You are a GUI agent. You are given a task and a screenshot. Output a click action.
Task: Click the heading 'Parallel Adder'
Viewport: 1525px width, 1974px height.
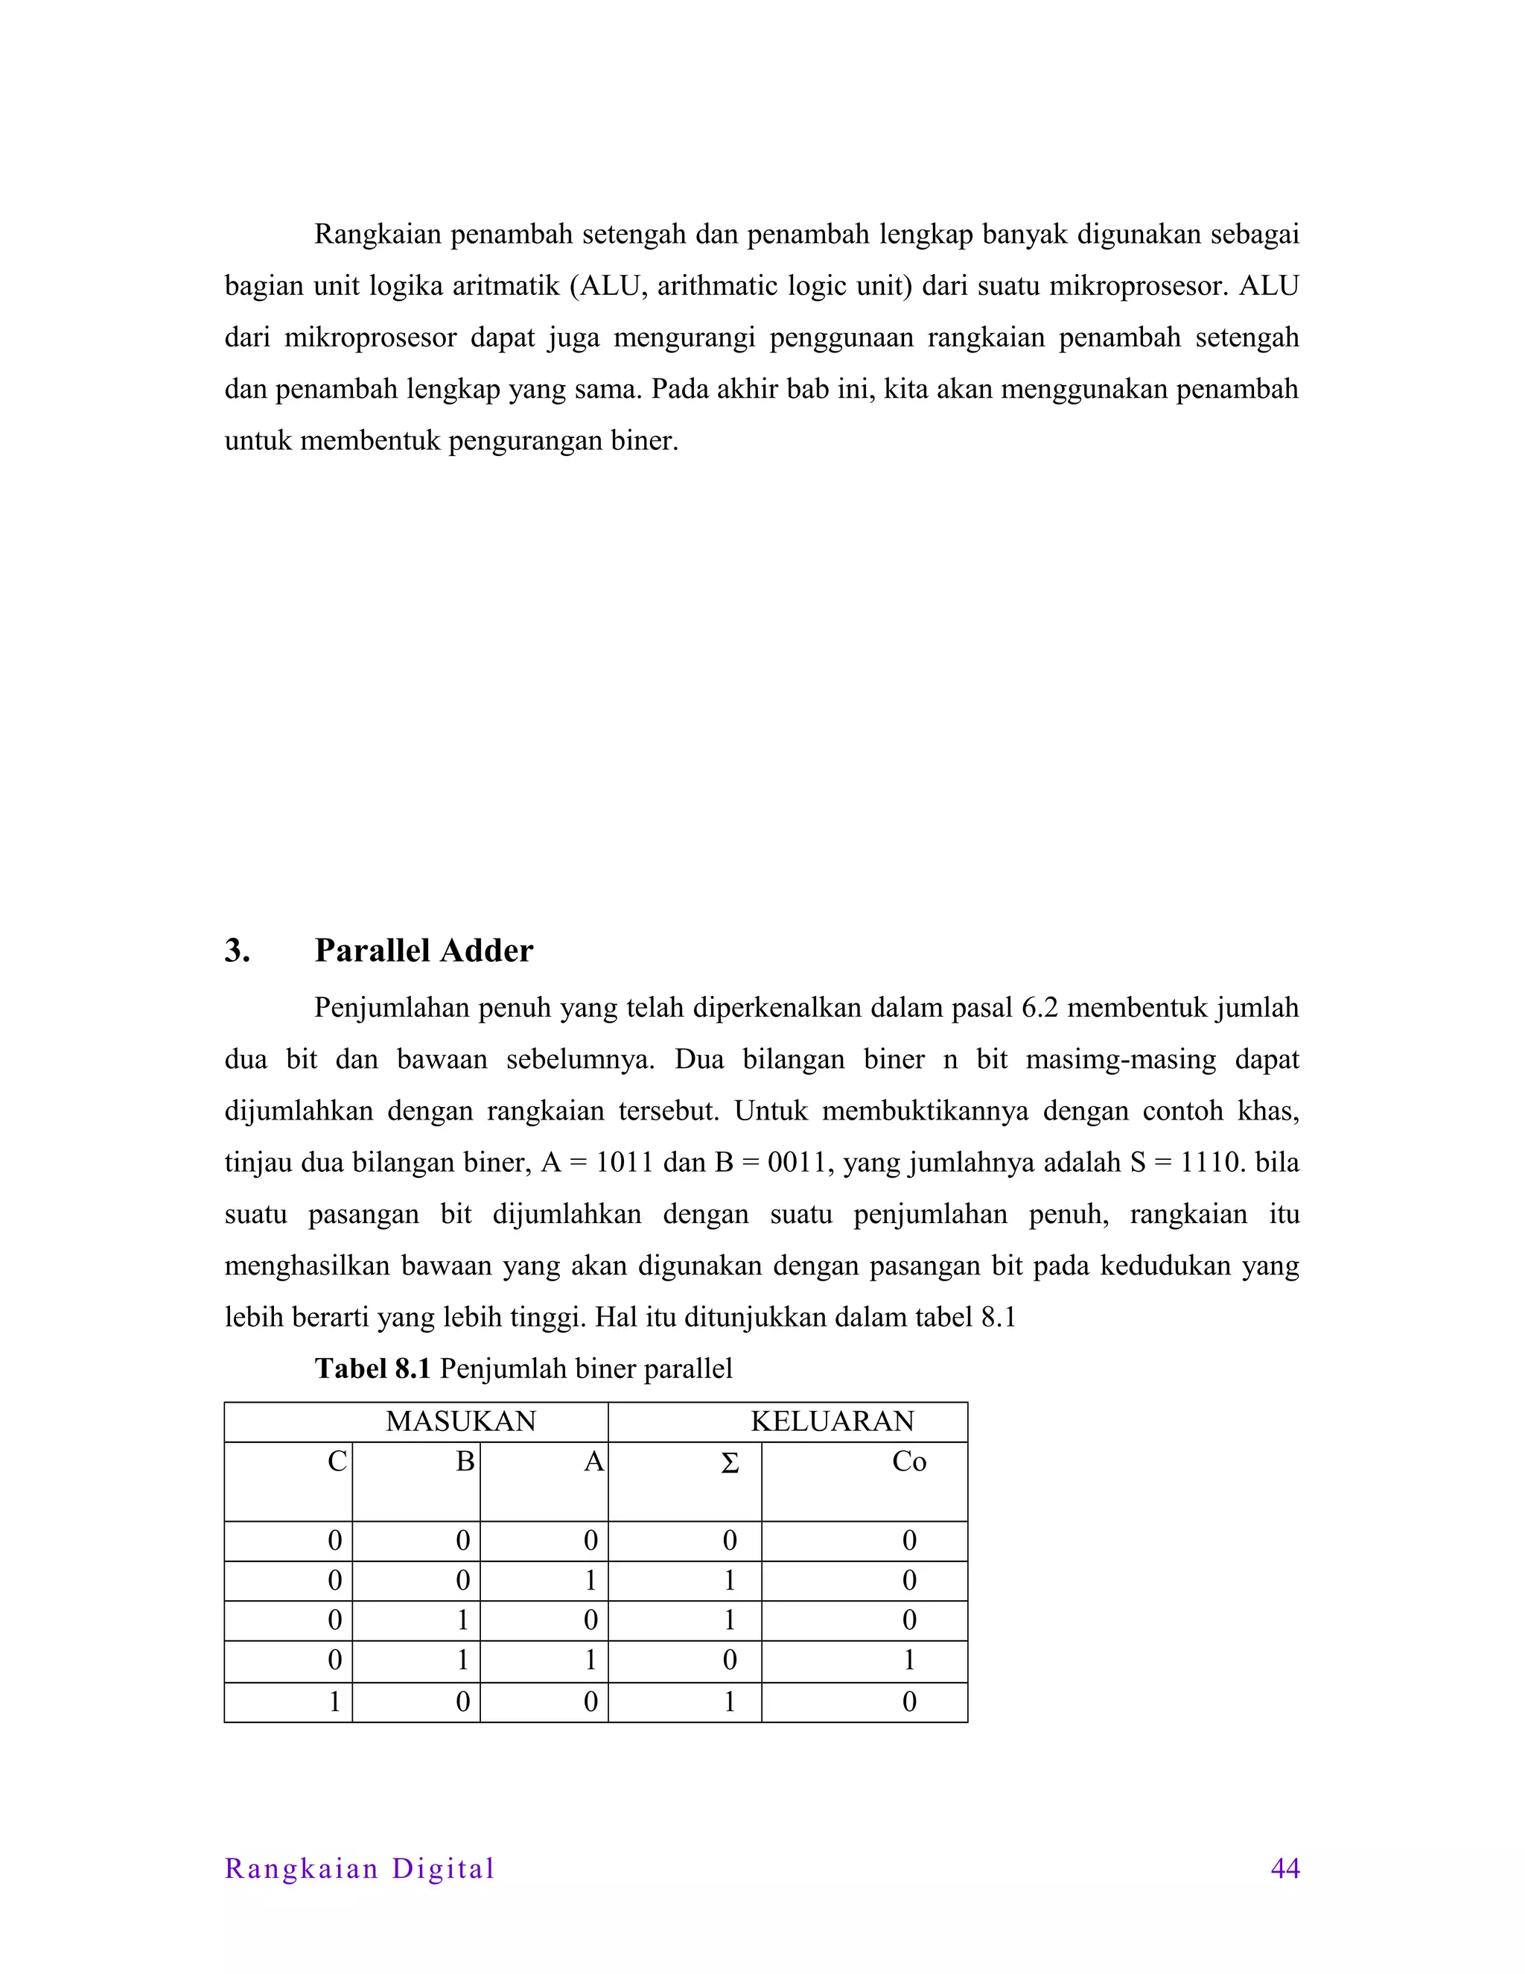pos(424,950)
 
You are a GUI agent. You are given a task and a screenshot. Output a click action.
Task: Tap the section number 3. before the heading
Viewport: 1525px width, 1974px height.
pos(237,950)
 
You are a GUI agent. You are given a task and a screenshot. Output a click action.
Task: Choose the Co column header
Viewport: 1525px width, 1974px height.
pos(909,1462)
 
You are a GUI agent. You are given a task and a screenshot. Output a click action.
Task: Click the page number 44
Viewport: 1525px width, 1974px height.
pos(1284,1868)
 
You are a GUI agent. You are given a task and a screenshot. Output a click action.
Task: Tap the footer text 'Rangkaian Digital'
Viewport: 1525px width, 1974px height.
pos(360,1868)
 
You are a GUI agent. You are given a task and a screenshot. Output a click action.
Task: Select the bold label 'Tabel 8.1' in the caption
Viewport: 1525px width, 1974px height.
pos(372,1368)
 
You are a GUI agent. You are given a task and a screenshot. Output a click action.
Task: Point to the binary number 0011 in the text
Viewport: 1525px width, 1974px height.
pos(800,1162)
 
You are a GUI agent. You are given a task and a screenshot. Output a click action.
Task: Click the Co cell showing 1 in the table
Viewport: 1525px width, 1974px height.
pos(909,1660)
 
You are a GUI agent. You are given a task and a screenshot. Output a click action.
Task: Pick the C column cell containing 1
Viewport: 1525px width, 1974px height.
pos(334,1702)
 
